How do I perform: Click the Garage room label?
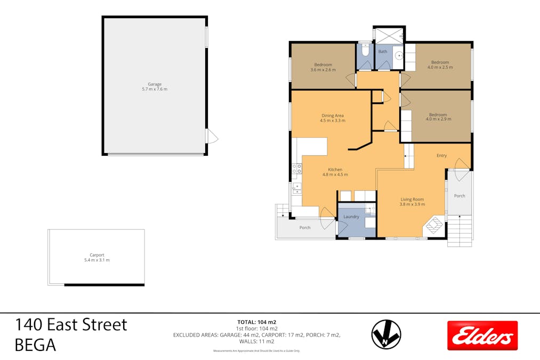[x=155, y=84]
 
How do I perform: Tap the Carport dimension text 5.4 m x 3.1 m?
[x=97, y=260]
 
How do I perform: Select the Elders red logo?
[x=482, y=335]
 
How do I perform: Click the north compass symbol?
[x=386, y=334]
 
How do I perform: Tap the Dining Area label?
[x=332, y=115]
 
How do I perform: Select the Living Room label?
[x=412, y=199]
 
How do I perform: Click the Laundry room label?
[x=351, y=217]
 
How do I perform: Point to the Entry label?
[x=441, y=156]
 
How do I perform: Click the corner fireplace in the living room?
[x=433, y=226]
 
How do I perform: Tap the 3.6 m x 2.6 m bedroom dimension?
[x=323, y=70]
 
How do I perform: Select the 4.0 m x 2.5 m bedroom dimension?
[x=440, y=67]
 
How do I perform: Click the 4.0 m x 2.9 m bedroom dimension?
[x=438, y=119]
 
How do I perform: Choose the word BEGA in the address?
[x=35, y=345]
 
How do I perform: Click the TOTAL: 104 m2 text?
[x=256, y=322]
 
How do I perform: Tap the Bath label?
[x=383, y=52]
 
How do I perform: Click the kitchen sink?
[x=296, y=188]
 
